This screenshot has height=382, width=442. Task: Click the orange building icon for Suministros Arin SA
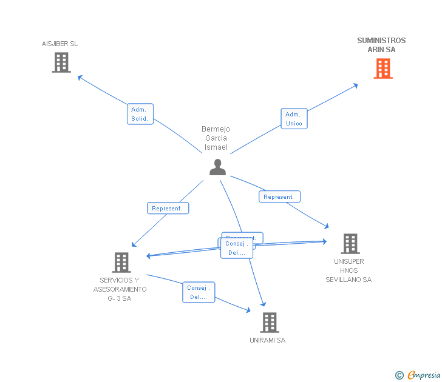[x=382, y=69]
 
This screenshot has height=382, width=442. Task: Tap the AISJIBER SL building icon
[x=61, y=62]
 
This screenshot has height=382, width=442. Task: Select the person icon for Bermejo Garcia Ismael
[x=217, y=167]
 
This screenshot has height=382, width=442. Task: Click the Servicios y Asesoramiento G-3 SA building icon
[x=121, y=262]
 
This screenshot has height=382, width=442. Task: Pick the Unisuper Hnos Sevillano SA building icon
[x=350, y=243]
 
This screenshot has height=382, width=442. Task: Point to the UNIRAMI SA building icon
[x=269, y=322]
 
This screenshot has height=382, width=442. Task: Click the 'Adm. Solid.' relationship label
[x=140, y=114]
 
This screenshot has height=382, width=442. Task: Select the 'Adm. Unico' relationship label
[x=294, y=118]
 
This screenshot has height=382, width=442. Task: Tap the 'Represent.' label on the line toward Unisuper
[x=279, y=196]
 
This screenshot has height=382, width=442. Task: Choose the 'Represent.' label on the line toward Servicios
[x=168, y=208]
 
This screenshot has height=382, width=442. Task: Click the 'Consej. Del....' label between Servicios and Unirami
[x=199, y=292]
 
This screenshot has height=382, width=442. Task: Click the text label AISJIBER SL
[x=59, y=44]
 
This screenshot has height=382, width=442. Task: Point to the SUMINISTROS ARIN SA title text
[x=381, y=45]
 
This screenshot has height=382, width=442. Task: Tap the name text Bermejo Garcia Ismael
[x=216, y=138]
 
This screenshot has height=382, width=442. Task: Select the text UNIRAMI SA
[x=267, y=340]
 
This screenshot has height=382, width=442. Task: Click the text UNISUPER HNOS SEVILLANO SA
[x=348, y=270]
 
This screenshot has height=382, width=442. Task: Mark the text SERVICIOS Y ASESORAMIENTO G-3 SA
[x=120, y=289]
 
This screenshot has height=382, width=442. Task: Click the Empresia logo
[x=424, y=375]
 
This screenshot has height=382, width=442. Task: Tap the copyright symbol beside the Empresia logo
[x=399, y=376]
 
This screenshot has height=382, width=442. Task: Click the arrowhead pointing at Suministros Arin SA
[x=355, y=85]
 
